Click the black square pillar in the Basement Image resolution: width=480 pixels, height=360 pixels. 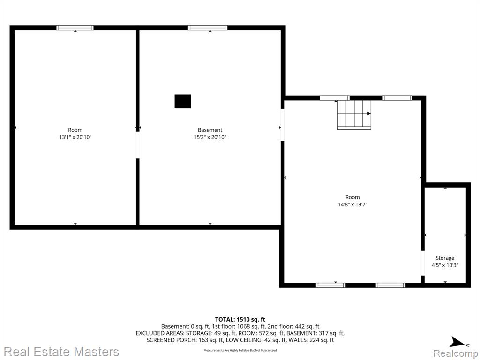183,101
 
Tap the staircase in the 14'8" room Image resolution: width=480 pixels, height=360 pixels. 354,114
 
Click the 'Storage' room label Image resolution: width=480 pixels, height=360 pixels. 445,258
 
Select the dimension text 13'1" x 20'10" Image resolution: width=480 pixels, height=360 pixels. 75,137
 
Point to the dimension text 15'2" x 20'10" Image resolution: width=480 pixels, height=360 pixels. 210,137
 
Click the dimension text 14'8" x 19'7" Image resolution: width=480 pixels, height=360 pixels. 352,204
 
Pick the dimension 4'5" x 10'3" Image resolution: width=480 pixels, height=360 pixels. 445,265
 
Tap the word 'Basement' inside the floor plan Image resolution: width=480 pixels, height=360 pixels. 210,130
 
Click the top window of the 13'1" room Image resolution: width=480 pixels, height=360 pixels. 75,28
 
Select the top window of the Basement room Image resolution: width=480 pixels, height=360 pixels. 208,28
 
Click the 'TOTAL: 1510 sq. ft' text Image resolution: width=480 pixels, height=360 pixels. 240,320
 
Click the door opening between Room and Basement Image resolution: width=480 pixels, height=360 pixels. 138,145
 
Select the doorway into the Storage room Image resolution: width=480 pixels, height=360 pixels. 423,263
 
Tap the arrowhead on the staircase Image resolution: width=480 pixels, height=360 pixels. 369,113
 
